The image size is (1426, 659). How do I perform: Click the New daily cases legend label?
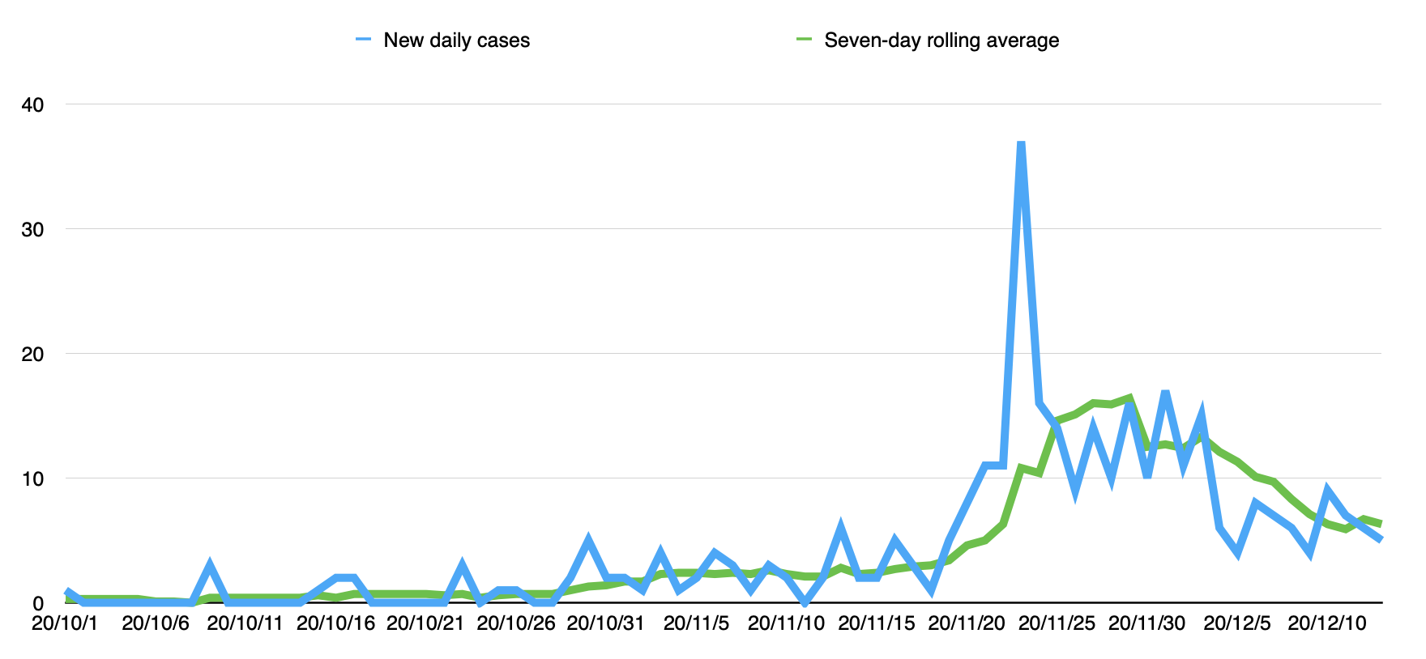coord(456,40)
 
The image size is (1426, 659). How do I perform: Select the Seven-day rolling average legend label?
coord(941,40)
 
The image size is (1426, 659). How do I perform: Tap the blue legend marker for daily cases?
coord(363,40)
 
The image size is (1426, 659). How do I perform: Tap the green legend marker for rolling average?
coord(804,40)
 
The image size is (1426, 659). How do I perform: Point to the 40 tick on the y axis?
coord(33,105)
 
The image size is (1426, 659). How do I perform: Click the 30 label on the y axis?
coord(33,230)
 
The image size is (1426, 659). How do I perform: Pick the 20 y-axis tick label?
coord(33,355)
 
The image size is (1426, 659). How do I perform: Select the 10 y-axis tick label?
coord(33,479)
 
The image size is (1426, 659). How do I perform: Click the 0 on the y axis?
coord(38,604)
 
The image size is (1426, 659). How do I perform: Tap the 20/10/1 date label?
coord(65,624)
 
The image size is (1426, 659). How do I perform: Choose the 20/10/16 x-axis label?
coord(336,624)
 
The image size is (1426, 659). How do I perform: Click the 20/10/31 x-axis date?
coord(605,624)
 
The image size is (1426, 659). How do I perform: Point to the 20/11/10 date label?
coord(786,624)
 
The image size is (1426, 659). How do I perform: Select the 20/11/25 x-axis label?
coord(1057,624)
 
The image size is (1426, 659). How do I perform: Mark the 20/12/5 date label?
coord(1237,624)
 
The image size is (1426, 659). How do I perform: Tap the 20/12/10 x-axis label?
coord(1327,624)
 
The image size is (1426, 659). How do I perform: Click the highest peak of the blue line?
coord(1021,144)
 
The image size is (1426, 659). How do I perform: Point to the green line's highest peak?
coord(1129,398)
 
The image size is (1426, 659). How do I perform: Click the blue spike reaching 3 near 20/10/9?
coord(210,565)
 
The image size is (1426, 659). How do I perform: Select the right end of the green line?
coord(1380,524)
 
